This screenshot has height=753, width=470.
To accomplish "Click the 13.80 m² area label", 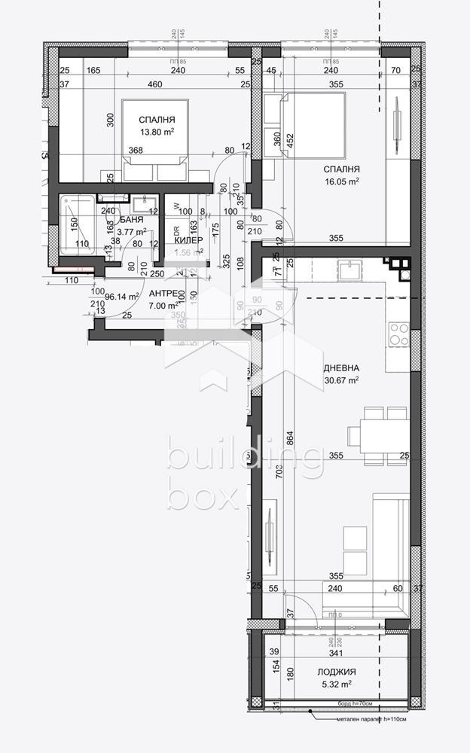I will point(157,132).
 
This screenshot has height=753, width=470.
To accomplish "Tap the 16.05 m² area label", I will point(343,181).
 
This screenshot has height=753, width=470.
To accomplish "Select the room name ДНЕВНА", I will point(341,368).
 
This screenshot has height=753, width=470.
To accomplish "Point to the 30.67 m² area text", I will point(341,380).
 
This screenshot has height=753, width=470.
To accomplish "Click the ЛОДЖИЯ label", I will point(336,672).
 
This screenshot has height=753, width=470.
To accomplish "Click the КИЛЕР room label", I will point(188,240).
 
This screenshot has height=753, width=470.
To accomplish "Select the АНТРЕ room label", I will point(163,294).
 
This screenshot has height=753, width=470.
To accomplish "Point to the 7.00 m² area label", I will point(163,306).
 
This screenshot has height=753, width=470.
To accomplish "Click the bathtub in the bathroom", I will point(77,224).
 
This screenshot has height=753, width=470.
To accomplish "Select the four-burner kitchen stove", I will point(398,333).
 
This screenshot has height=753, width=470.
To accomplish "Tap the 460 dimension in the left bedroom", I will point(154,84).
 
